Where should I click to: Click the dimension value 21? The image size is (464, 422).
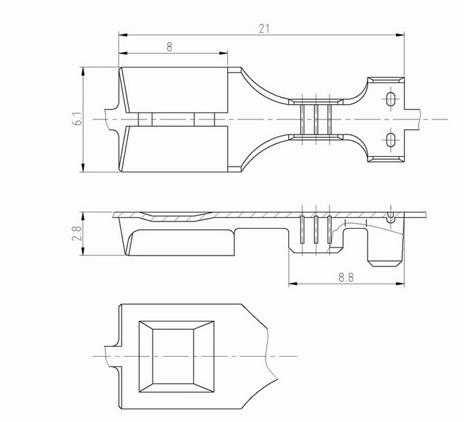coord(264,29)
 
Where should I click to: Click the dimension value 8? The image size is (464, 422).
coord(169,47)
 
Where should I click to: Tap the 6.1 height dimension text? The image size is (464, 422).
coord(78,119)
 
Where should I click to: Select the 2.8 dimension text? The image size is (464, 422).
coord(77,234)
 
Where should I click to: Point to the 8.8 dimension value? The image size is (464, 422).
coord(346,278)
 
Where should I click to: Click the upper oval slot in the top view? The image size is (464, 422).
coord(391,99)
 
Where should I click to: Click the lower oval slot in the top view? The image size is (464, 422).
coord(391,139)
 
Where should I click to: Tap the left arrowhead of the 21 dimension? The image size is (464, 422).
coord(123,35)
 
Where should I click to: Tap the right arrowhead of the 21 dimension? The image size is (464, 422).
coord(400,35)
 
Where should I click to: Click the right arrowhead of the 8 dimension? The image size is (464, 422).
coord(224,53)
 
